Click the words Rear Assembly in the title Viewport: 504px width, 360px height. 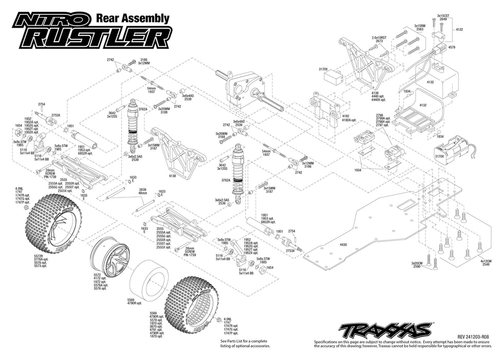click(x=133, y=19)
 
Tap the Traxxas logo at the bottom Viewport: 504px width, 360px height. click(x=385, y=329)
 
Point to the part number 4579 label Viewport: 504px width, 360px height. click(x=452, y=47)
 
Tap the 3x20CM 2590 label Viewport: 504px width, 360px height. click(x=417, y=265)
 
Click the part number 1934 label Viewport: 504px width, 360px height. click(x=357, y=169)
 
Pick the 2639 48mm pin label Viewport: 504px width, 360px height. click(x=143, y=191)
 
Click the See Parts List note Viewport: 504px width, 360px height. click(x=244, y=343)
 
